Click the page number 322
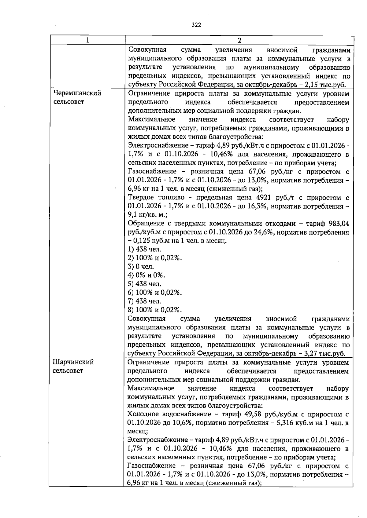[196, 25]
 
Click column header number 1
[87, 40]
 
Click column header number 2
[239, 40]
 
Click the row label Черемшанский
[77, 93]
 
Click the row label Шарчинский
[73, 362]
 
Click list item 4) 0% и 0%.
[146, 275]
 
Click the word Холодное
[143, 414]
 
